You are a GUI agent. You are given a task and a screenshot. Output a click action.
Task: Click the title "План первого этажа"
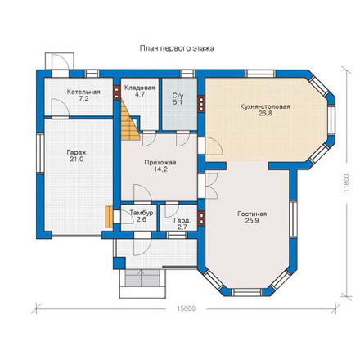pyautogui.click(x=177, y=48)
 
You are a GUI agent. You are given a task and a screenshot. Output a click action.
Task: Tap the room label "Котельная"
pyautogui.click(x=83, y=92)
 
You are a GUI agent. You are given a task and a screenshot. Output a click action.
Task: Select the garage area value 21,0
pyautogui.click(x=77, y=160)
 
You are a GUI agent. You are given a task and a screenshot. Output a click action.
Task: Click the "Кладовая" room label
pyautogui.click(x=140, y=88)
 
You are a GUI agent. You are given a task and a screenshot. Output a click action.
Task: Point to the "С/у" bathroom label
pyautogui.click(x=178, y=96)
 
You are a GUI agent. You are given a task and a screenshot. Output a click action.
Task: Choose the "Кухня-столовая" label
pyautogui.click(x=265, y=106)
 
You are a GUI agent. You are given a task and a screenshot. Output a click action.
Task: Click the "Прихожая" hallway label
pyautogui.click(x=160, y=163)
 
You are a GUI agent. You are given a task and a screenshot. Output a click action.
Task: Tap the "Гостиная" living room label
pyautogui.click(x=252, y=214)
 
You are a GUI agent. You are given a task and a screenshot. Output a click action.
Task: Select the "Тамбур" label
pyautogui.click(x=142, y=213)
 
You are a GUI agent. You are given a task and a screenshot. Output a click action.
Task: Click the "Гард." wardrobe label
pyautogui.click(x=182, y=220)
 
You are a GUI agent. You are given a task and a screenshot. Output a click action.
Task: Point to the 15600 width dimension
pyautogui.click(x=187, y=308)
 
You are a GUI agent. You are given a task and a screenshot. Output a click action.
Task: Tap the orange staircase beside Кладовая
pyautogui.click(x=128, y=123)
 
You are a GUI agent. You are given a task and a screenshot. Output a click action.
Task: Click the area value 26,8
pyautogui.click(x=265, y=114)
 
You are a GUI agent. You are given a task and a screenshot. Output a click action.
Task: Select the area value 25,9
pyautogui.click(x=252, y=221)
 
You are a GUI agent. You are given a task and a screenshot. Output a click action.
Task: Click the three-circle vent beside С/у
pyautogui.click(x=201, y=104)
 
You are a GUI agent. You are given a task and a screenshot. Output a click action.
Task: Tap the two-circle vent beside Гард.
pyautogui.click(x=201, y=218)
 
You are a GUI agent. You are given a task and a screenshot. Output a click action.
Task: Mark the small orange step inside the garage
pyautogui.click(x=109, y=217)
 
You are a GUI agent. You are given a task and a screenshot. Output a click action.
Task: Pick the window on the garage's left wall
pyautogui.click(x=40, y=153)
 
